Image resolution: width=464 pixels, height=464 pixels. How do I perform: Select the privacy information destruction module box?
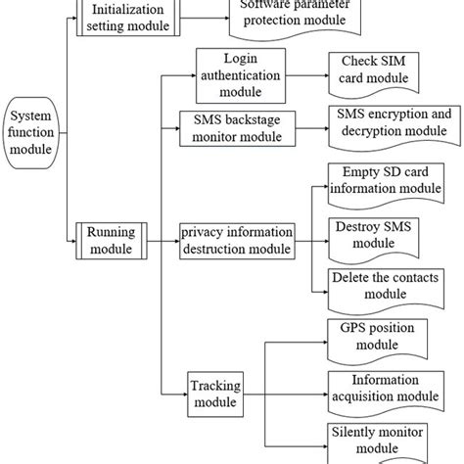click(x=235, y=241)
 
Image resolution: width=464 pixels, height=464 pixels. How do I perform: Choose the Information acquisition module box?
click(x=383, y=389)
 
